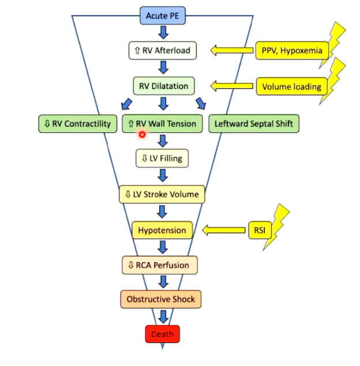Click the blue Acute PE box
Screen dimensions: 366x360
pos(162,16)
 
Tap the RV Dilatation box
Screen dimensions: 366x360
pos(163,87)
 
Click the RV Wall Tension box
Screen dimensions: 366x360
pos(162,124)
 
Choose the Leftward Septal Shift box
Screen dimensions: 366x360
pos(254,124)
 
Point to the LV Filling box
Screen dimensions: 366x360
pos(162,158)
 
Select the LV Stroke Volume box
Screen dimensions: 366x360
pos(162,195)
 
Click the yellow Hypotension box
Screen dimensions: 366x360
pos(162,230)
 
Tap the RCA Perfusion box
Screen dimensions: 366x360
pos(162,266)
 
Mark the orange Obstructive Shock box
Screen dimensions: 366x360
pos(162,300)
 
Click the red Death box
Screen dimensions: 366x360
pos(162,334)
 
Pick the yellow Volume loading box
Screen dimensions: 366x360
pos(291,87)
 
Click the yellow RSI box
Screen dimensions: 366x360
pos(258,230)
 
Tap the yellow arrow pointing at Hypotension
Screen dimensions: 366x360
pos(224,230)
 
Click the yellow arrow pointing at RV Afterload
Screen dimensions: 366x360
pos(230,51)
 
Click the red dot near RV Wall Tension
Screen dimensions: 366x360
pos(141,135)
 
